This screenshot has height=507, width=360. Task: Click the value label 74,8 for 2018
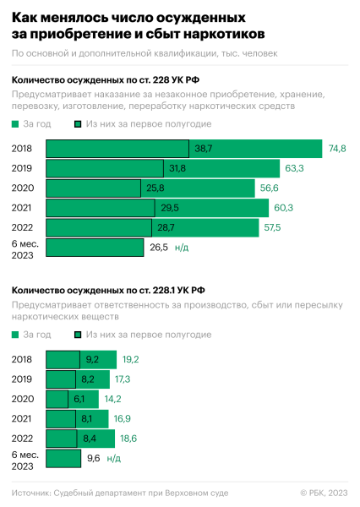point(337,149)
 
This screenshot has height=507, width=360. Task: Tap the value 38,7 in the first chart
point(203,149)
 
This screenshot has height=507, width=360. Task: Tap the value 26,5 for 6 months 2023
point(158,248)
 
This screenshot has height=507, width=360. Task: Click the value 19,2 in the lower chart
point(129,359)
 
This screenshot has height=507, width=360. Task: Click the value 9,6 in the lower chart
point(94,459)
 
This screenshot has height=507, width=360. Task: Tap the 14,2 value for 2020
point(112,399)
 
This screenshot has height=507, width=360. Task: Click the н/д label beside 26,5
point(182,248)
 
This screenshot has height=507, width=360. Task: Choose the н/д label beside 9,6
point(114,459)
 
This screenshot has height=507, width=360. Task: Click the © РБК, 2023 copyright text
point(324,492)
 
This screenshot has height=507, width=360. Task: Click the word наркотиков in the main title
point(222,34)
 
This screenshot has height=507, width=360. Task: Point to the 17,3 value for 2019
point(123,379)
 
